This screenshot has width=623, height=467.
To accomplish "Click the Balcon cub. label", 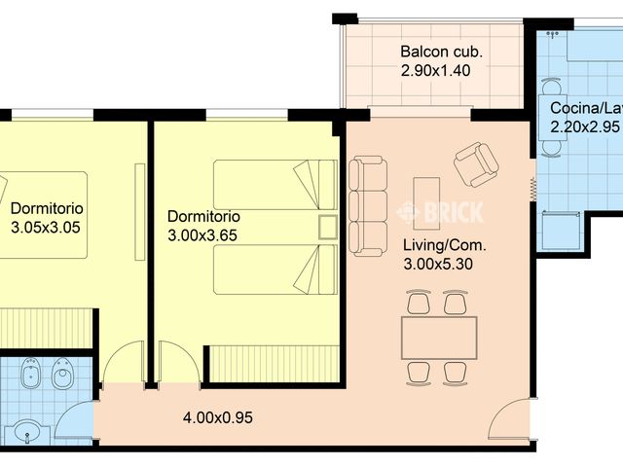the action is pyautogui.click(x=441, y=52).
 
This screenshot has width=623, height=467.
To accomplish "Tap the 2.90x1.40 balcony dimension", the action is pyautogui.click(x=435, y=71).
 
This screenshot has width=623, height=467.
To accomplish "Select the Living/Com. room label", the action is pyautogui.click(x=445, y=245).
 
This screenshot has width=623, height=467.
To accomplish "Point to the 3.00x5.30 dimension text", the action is pyautogui.click(x=438, y=264).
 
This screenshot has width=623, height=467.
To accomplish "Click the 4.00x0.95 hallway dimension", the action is pyautogui.click(x=218, y=417).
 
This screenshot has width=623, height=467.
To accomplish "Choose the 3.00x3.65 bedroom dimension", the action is pyautogui.click(x=202, y=235).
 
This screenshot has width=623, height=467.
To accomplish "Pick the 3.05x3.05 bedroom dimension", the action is pyautogui.click(x=46, y=228).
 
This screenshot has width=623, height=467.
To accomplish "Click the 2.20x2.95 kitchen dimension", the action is pyautogui.click(x=585, y=126).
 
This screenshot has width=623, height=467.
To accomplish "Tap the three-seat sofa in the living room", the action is pyautogui.click(x=368, y=206).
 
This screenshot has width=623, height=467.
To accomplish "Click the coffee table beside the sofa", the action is pyautogui.click(x=426, y=203).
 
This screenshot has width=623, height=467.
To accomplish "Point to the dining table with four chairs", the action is pyautogui.click(x=439, y=338).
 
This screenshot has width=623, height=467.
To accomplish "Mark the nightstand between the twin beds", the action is pyautogui.click(x=328, y=227).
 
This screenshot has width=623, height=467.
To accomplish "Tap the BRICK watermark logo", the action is pyautogui.click(x=441, y=212).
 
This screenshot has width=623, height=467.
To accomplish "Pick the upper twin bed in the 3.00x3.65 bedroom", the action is pyautogui.click(x=275, y=185).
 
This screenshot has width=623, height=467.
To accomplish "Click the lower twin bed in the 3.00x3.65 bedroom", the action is pyautogui.click(x=275, y=269).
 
